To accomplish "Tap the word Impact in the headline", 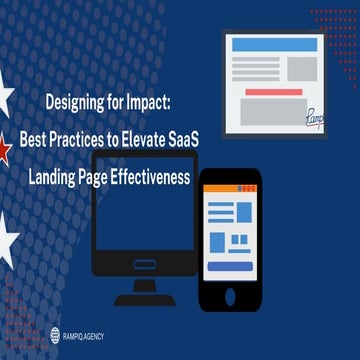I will click(x=150, y=102).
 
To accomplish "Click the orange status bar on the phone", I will click(x=231, y=186).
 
